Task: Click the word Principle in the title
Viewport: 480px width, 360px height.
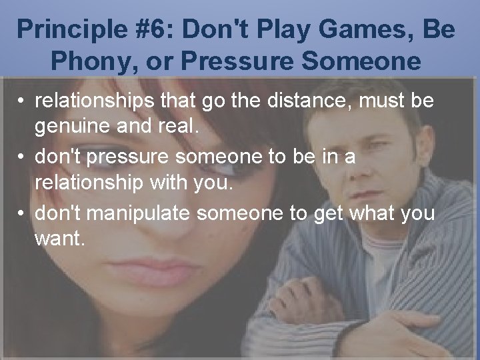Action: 65,29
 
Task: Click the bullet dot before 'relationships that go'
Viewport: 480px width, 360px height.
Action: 22,102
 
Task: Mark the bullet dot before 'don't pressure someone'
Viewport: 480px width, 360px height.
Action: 22,158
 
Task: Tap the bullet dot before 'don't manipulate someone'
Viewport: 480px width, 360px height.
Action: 22,213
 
